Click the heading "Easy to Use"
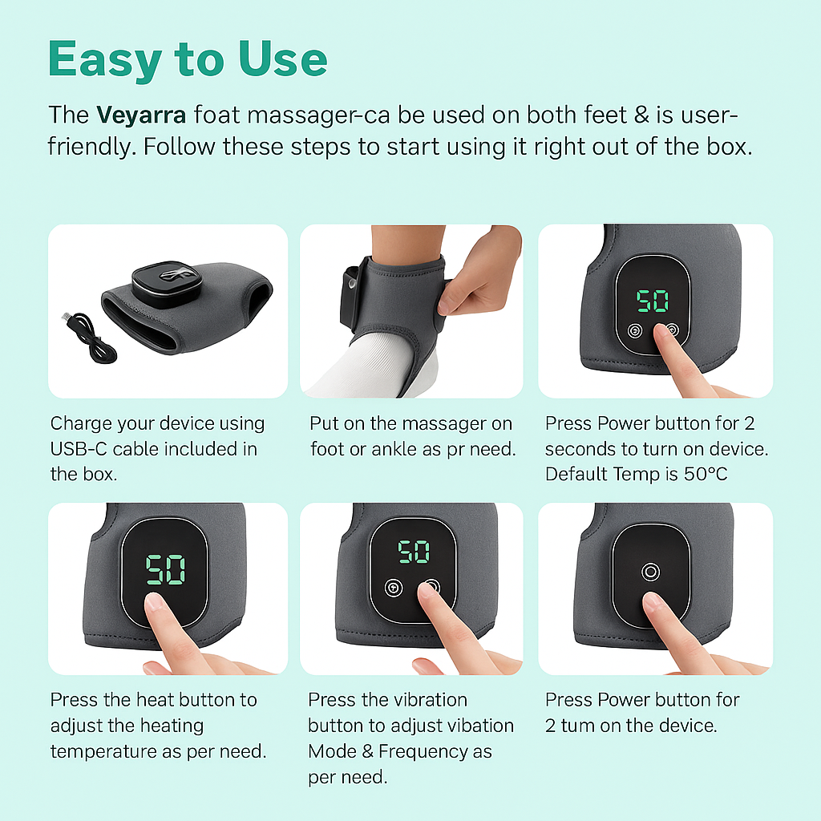(x=188, y=60)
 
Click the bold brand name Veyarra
(x=141, y=115)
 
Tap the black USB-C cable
(x=87, y=336)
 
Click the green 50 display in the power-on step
(x=653, y=301)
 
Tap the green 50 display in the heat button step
(x=165, y=570)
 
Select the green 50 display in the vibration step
(x=414, y=552)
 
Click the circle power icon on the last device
(x=650, y=572)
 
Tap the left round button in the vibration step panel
(x=393, y=588)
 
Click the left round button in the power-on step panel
(x=635, y=331)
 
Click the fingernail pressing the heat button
(x=153, y=603)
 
